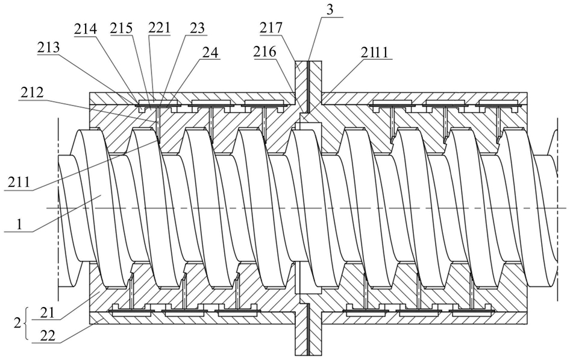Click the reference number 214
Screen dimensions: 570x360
(x=86, y=29)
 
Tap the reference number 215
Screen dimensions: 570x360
(x=121, y=28)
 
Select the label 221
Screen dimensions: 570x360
(x=159, y=28)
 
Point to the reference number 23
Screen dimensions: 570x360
(x=197, y=28)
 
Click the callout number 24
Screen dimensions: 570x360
(x=210, y=52)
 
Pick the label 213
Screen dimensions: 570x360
(x=48, y=48)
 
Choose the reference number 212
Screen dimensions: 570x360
(x=31, y=93)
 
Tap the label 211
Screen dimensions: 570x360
(x=19, y=181)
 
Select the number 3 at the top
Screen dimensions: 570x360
(x=329, y=10)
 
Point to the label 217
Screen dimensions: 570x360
(x=271, y=28)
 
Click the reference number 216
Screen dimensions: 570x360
(x=265, y=52)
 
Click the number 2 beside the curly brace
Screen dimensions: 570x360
(x=17, y=323)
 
